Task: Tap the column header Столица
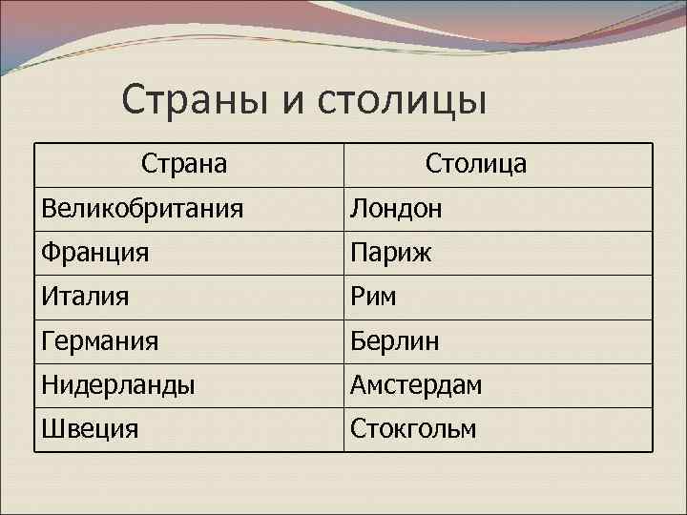[x=475, y=164]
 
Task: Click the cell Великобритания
[x=141, y=208]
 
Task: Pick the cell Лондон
[x=396, y=208]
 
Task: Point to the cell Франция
[x=94, y=253]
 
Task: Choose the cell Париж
[x=390, y=253]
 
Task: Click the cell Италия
[x=86, y=297]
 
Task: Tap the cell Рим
[x=373, y=297]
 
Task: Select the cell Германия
[x=99, y=340]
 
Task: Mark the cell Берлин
[x=394, y=340]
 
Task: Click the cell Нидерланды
[x=117, y=384]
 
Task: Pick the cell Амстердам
[x=416, y=384]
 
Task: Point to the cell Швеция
[x=89, y=428]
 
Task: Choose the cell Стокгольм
[x=412, y=428]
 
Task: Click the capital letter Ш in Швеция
[x=51, y=428]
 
